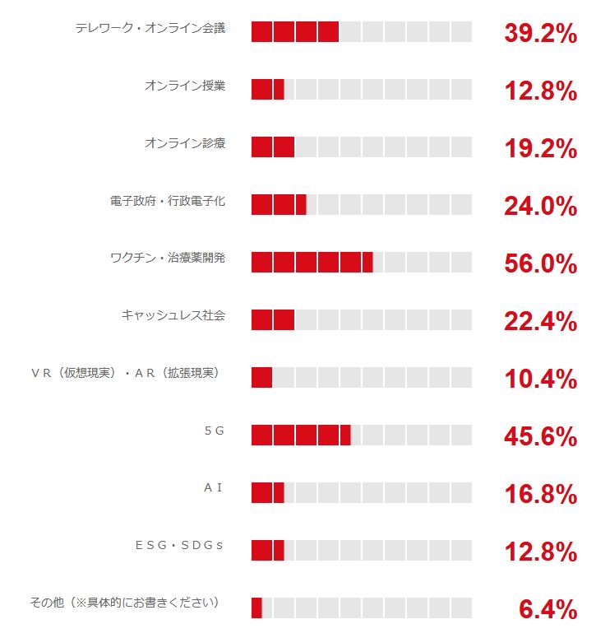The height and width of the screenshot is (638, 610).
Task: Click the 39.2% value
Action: click(x=540, y=34)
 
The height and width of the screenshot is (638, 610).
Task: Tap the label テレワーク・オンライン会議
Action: click(x=150, y=28)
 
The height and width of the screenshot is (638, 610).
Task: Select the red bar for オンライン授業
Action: click(x=267, y=89)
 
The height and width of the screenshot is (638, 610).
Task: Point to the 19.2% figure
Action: click(x=540, y=149)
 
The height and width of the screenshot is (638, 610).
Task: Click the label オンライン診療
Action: click(x=184, y=143)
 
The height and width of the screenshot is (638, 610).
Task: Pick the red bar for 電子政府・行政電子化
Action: click(x=279, y=204)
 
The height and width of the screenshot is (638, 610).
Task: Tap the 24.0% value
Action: click(x=540, y=207)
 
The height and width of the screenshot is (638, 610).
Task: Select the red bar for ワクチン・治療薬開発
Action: click(x=312, y=262)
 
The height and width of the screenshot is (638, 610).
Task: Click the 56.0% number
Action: click(x=540, y=264)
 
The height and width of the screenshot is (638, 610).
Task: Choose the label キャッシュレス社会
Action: click(x=173, y=315)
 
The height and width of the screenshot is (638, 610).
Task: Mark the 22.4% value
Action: click(x=540, y=322)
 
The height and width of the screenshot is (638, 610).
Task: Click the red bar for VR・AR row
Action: click(x=261, y=377)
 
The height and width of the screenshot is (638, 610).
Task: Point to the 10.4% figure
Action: click(x=540, y=380)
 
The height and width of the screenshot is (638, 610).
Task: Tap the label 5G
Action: click(x=214, y=431)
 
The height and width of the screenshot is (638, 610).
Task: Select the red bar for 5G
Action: click(x=301, y=435)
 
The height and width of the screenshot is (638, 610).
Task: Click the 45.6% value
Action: click(x=540, y=437)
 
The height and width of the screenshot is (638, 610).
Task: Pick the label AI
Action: click(x=214, y=488)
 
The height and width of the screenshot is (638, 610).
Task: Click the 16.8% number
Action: click(x=540, y=495)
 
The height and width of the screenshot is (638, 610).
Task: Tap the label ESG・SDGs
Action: click(x=179, y=545)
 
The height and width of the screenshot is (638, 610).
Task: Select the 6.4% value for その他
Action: click(x=548, y=610)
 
